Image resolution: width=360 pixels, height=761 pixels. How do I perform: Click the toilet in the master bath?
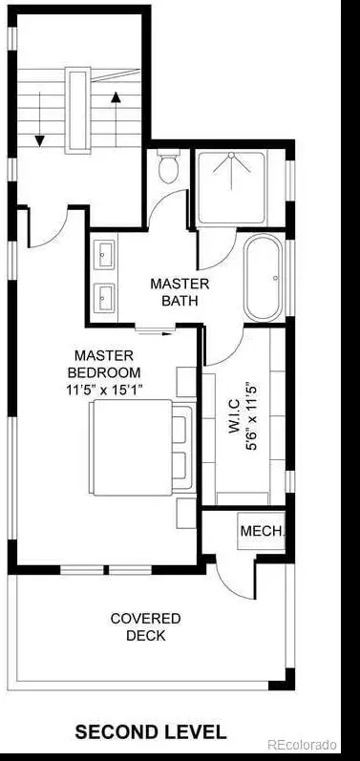click(168, 167)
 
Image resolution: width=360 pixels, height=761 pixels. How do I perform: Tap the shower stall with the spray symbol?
click(232, 187)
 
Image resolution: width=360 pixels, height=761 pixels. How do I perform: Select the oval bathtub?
click(265, 278)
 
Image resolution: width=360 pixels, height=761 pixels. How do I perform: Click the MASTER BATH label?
click(180, 291)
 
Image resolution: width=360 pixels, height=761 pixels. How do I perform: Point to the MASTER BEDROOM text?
click(104, 364)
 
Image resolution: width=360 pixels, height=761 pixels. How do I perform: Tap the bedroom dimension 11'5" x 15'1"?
click(105, 390)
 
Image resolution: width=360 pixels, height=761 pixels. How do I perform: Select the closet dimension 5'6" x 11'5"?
click(251, 416)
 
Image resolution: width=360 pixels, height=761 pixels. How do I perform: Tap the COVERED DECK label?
click(145, 626)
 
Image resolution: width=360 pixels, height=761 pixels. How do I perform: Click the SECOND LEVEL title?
click(151, 731)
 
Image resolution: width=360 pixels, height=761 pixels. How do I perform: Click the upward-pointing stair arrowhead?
click(116, 97)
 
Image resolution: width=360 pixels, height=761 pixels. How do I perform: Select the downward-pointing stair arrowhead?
click(40, 140)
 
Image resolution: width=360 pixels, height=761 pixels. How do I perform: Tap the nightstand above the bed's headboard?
click(186, 383)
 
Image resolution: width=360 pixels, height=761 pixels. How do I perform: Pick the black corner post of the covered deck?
click(283, 680)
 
